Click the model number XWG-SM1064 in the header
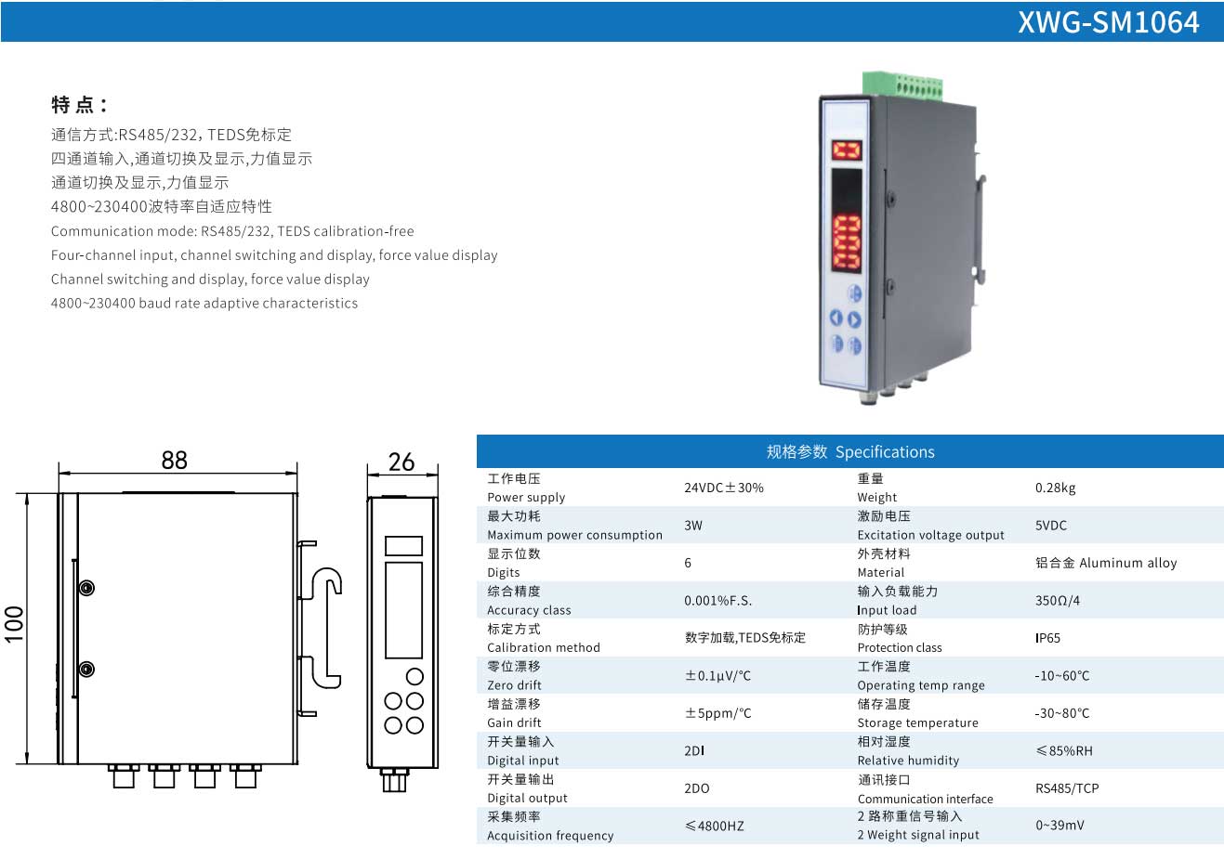coord(1108,22)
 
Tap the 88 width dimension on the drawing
coord(174,461)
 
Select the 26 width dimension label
coord(401,462)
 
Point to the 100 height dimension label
coord(15,623)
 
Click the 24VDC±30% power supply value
coord(723,488)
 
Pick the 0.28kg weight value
coord(1055,488)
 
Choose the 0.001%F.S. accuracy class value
coord(717,601)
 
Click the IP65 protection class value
coord(1047,638)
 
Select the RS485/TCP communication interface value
coord(1067,788)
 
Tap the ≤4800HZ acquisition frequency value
coord(714,826)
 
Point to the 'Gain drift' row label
coord(514,722)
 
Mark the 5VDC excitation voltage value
coord(1051,526)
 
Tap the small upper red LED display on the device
coord(846,150)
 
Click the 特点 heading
coord(79,105)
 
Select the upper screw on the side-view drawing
coord(86,588)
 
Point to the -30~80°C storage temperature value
coord(1062,713)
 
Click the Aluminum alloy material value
coord(1106,563)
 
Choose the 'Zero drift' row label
coord(514,685)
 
